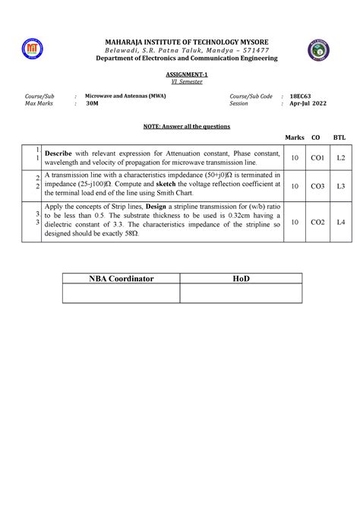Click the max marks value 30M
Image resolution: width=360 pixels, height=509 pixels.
(x=93, y=105)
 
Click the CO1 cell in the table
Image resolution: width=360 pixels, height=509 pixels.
(x=316, y=157)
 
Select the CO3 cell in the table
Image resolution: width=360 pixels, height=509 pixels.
(x=316, y=185)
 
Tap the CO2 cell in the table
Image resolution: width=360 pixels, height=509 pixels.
(x=316, y=222)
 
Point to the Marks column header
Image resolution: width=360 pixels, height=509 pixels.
(x=294, y=138)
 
